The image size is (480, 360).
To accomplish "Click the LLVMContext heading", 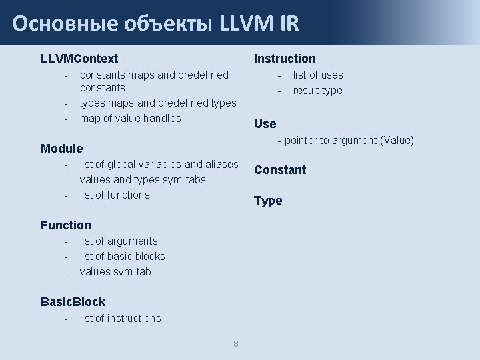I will click(79, 59).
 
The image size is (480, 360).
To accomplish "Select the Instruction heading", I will click(285, 59).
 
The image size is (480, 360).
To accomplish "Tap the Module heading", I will click(61, 148).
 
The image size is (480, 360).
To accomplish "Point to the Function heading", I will click(65, 225).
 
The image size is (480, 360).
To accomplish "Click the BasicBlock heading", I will click(73, 302).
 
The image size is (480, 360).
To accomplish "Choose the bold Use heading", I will click(265, 123).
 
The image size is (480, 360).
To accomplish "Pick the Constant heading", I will click(280, 170).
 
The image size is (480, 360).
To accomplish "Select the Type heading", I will click(268, 201).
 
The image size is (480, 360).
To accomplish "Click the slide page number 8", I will click(236, 344).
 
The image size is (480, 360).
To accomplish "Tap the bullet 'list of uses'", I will click(318, 75).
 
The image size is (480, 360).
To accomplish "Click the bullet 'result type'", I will click(317, 91).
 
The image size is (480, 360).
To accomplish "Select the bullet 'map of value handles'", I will click(130, 119).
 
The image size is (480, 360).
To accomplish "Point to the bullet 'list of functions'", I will click(115, 195).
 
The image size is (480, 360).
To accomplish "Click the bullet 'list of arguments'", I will click(119, 241).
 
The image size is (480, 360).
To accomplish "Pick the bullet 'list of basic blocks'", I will click(122, 257).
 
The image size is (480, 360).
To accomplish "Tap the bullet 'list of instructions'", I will click(120, 319).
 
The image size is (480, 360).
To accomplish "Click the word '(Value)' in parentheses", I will click(397, 140).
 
